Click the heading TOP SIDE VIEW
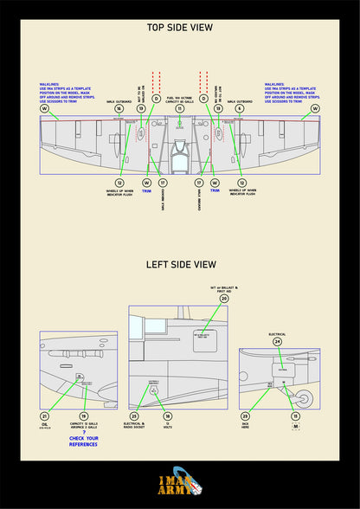[x=179, y=28]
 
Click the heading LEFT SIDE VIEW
[x=179, y=265]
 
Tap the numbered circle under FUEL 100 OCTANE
[x=179, y=109]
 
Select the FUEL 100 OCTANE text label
[x=179, y=100]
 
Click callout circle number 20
[x=224, y=299]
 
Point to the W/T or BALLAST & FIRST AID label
[x=224, y=287]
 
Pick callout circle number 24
[x=277, y=341]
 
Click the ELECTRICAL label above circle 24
[x=277, y=332]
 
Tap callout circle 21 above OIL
[x=44, y=416]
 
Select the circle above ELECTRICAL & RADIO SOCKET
[x=134, y=416]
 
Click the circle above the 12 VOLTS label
[x=167, y=416]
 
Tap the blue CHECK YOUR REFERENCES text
[x=84, y=442]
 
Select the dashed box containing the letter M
[x=296, y=426]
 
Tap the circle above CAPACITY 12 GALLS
[x=84, y=416]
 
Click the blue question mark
[x=84, y=433]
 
